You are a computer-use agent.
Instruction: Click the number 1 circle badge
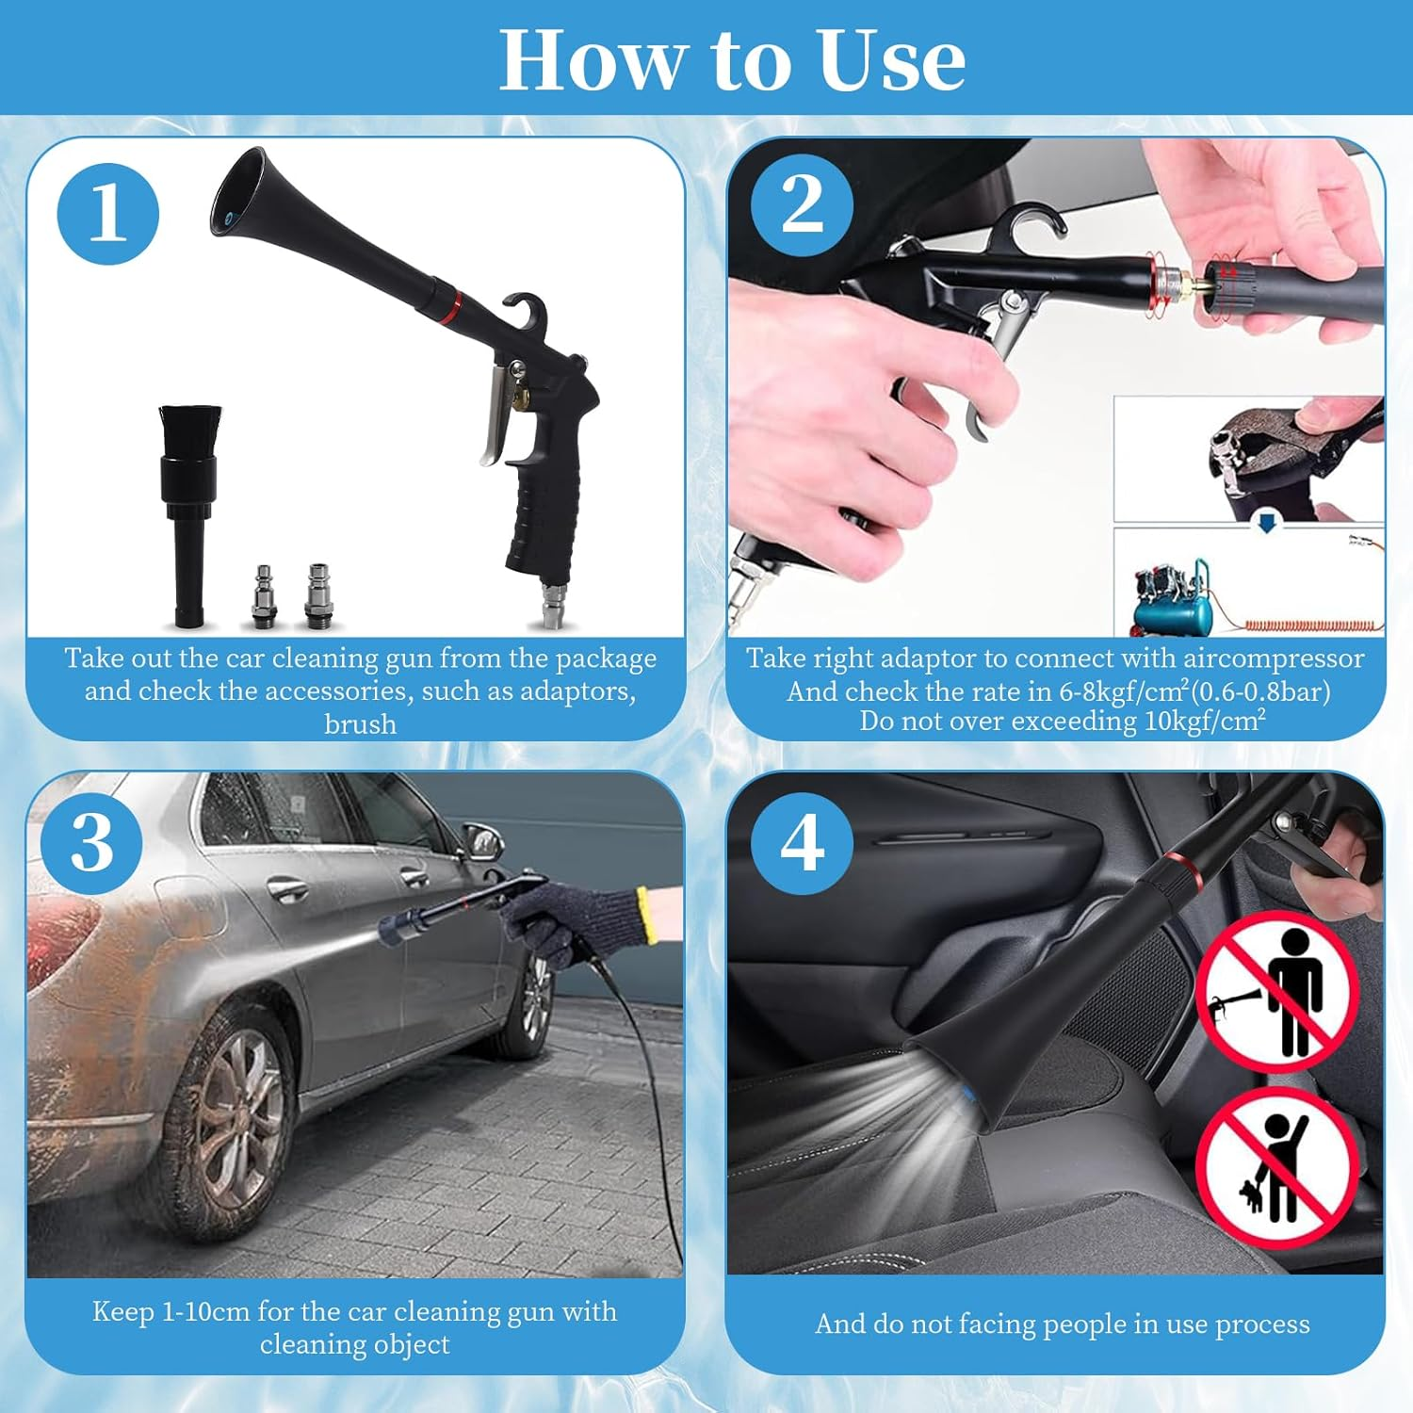coord(107,214)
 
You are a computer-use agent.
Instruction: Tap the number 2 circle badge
coord(802,204)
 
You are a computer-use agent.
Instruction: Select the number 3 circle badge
coord(91,841)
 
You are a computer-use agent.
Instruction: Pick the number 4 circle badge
coord(802,842)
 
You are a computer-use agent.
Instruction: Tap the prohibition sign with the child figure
coord(1277,1168)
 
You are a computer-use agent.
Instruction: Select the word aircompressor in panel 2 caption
coord(1261,658)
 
